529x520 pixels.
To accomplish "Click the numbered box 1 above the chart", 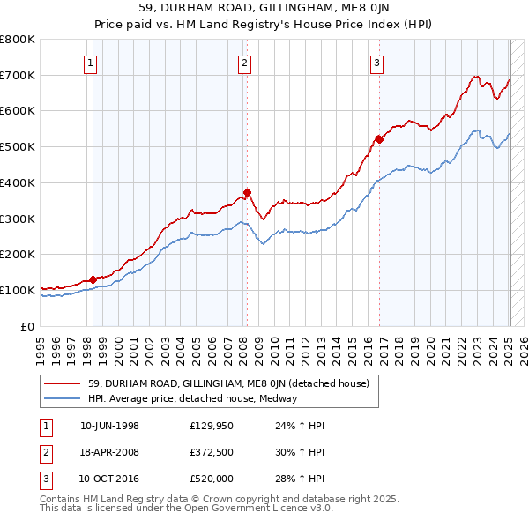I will point(92,62).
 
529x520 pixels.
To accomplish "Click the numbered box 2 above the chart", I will point(244,62).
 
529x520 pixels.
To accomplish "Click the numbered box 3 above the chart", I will point(376,62).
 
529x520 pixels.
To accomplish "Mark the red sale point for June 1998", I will point(93,279).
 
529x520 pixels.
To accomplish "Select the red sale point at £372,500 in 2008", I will point(247,192).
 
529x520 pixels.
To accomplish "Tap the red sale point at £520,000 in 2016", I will point(379,138).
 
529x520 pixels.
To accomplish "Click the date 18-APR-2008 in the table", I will point(109,452).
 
